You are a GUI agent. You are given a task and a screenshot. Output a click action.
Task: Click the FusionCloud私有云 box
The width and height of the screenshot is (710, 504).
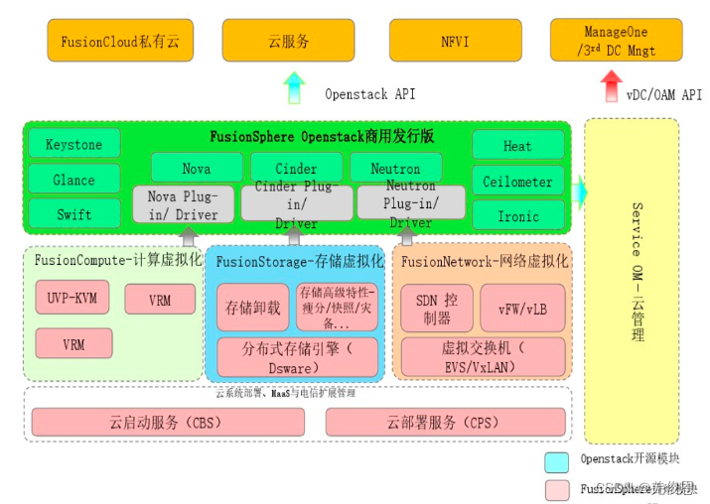tap(119, 41)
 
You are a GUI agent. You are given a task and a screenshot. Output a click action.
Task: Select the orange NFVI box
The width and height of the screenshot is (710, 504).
tap(456, 41)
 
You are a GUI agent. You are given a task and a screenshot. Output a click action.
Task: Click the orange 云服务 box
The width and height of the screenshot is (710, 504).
tap(288, 41)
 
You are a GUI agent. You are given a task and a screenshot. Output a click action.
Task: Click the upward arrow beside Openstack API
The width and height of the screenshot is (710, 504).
tap(295, 89)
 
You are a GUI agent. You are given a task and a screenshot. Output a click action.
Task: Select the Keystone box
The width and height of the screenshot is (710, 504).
tap(74, 144)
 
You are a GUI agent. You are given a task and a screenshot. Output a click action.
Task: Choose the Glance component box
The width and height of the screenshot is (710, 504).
tap(74, 180)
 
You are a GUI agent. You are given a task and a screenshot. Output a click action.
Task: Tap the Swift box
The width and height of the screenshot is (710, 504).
tap(74, 213)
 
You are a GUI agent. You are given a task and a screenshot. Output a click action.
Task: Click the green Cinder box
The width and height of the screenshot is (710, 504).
tap(296, 168)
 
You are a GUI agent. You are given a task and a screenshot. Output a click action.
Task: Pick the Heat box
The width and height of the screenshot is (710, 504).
tap(517, 145)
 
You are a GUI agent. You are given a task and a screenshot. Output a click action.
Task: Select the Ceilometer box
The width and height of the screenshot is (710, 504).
tap(517, 181)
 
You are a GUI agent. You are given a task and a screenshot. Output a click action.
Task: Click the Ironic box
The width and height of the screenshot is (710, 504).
tap(517, 215)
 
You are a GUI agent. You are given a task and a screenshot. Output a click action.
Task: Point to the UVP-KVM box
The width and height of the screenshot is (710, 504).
tap(72, 297)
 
